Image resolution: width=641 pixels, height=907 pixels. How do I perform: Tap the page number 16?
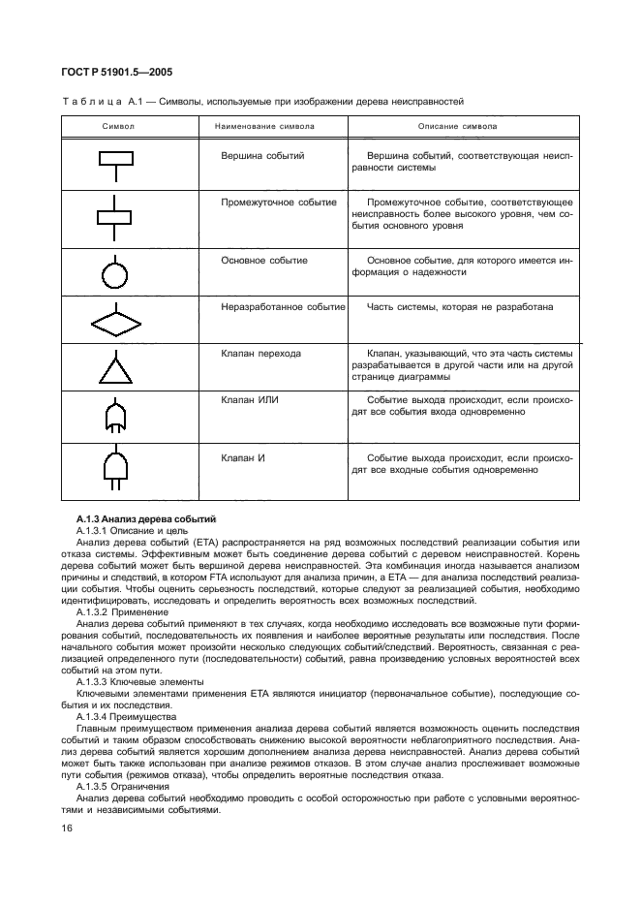tap(67, 827)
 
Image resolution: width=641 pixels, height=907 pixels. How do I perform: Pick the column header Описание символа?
tap(458, 126)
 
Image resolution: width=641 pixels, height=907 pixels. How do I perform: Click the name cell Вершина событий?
tap(263, 155)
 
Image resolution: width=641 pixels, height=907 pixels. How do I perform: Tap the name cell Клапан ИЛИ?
tap(251, 399)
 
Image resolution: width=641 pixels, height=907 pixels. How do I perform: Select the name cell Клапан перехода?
tap(260, 354)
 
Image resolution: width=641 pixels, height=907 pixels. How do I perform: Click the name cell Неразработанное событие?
tap(283, 307)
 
